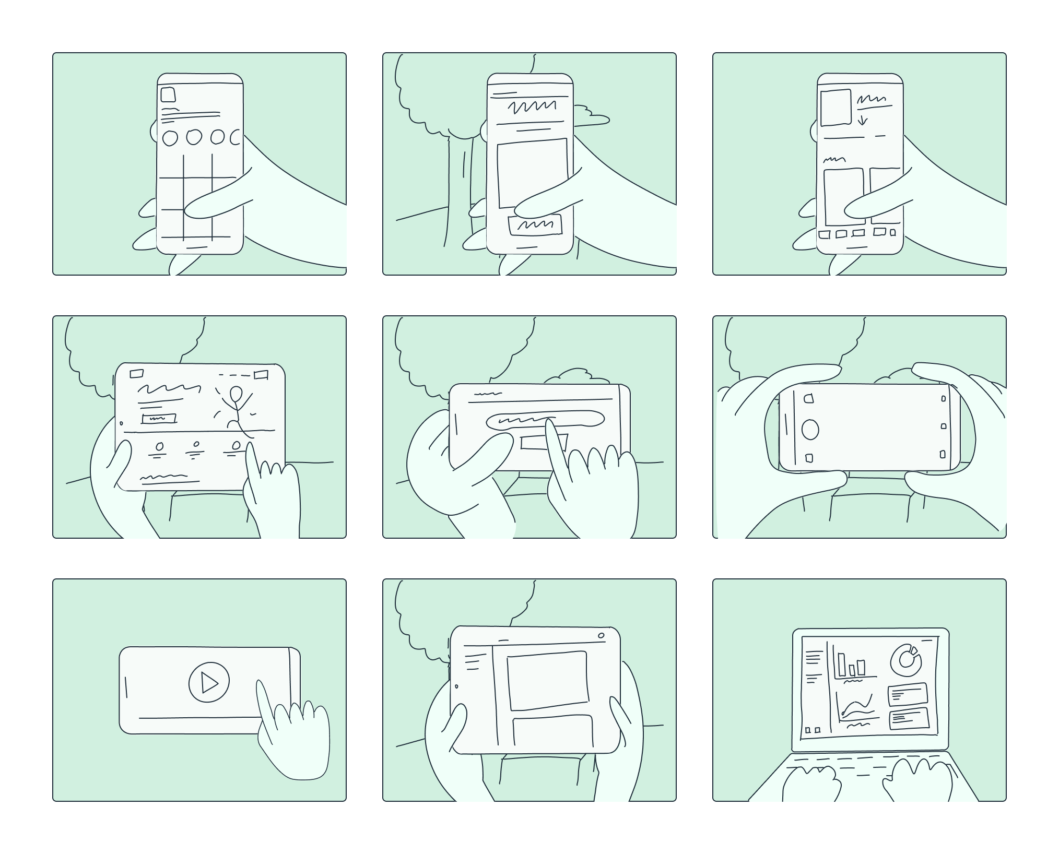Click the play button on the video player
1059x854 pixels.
point(209,682)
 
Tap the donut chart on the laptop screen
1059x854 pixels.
point(906,660)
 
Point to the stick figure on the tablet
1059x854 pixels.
point(236,410)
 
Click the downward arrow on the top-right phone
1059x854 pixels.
point(862,120)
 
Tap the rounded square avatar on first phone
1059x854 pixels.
point(168,94)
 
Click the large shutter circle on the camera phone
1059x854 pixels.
point(809,430)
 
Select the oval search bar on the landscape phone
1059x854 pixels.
point(544,419)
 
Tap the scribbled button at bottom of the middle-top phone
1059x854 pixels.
point(535,225)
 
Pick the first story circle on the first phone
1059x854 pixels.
point(170,138)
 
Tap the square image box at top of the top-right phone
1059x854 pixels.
point(836,108)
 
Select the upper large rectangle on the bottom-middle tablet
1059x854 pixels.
point(547,680)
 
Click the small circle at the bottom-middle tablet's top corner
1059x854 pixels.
point(601,635)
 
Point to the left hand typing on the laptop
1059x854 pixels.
point(812,783)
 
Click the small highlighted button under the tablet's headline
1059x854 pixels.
point(159,418)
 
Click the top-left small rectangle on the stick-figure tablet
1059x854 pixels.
point(136,373)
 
